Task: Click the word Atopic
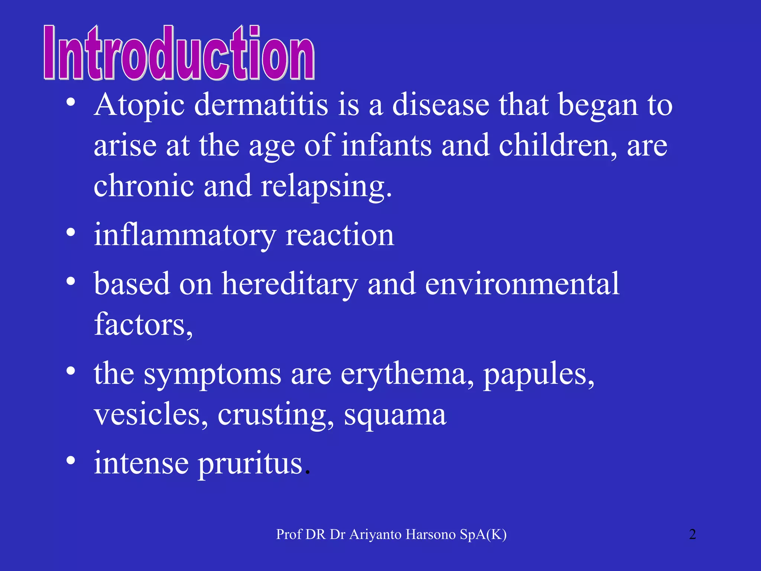pos(139,105)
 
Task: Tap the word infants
pos(386,145)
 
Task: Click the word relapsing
pos(326,186)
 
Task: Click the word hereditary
pos(290,284)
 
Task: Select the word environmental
pos(522,284)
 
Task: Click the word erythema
pos(407,374)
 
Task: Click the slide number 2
pos(692,535)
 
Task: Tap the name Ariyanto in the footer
pos(375,535)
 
